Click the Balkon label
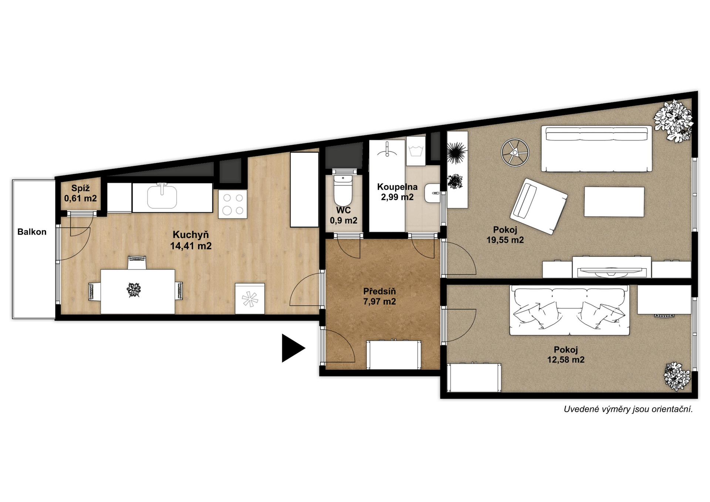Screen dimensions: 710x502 [x=32, y=232]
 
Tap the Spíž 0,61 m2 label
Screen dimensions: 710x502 [x=81, y=193]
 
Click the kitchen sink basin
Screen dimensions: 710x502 [x=162, y=197]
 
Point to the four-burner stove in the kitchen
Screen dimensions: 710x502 [x=233, y=204]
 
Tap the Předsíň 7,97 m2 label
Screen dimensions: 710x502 [x=379, y=296]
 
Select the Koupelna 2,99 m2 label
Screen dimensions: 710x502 [x=397, y=192]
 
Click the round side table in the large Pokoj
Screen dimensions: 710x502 [x=515, y=152]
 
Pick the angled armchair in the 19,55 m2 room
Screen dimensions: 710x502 [x=538, y=206]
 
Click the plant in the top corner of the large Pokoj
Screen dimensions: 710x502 [x=673, y=121]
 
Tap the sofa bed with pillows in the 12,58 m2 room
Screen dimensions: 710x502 [x=569, y=310]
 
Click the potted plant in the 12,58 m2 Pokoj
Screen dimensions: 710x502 [x=677, y=376]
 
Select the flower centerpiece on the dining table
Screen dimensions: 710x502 [x=134, y=290]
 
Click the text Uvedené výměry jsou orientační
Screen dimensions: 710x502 [x=628, y=409]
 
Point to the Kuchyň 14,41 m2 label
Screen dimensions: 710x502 [x=191, y=240]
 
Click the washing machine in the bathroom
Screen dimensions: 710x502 [x=416, y=151]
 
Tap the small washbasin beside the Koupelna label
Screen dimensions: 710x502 [x=432, y=193]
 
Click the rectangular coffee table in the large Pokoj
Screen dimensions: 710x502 [x=614, y=202]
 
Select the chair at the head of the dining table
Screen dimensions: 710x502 [x=137, y=262]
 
